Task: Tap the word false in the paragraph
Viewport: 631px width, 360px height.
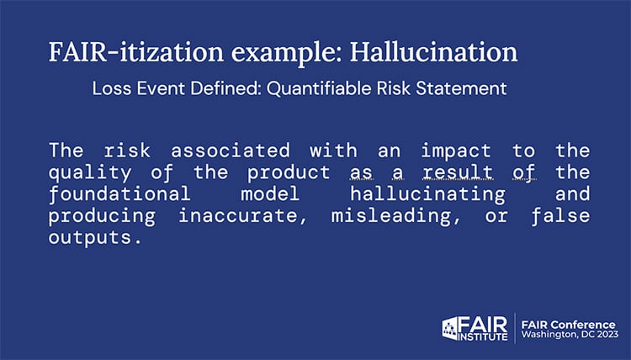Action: pos(567,215)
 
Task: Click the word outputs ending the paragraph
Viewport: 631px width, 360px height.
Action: pos(91,236)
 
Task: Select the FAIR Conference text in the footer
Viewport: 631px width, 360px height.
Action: pos(570,323)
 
